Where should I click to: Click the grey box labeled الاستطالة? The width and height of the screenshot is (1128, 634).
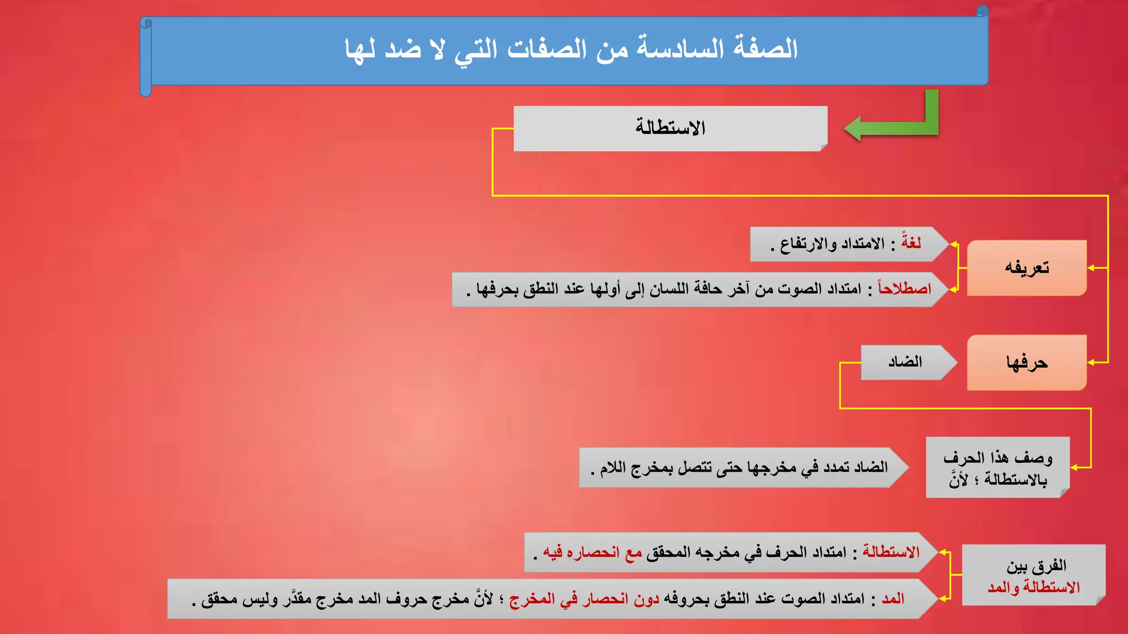click(x=670, y=128)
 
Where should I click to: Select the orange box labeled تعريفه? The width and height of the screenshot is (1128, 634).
click(x=1027, y=268)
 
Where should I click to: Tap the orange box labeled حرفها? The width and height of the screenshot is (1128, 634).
click(x=1027, y=363)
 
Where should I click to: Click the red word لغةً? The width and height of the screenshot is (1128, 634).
click(x=911, y=243)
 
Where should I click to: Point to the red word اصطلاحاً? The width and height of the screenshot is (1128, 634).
click(x=904, y=288)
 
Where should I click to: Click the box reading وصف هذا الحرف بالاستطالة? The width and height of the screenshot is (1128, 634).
click(x=997, y=468)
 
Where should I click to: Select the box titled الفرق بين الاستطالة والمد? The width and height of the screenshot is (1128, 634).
click(x=1033, y=576)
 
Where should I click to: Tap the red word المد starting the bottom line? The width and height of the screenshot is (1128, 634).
click(x=893, y=599)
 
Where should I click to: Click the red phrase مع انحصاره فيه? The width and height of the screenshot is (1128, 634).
click(x=593, y=552)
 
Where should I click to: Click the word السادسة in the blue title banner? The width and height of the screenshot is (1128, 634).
click(x=681, y=48)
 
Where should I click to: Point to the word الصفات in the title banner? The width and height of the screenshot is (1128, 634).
click(x=547, y=48)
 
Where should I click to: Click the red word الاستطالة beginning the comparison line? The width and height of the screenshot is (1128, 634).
click(x=891, y=552)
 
